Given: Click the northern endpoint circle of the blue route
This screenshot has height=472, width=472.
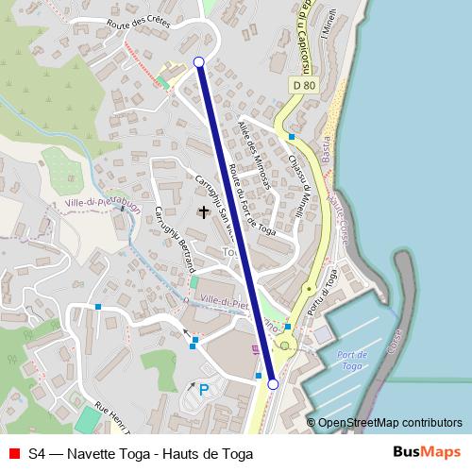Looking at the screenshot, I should click(x=198, y=62).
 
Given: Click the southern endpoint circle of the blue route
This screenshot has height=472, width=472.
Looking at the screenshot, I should click(x=274, y=384).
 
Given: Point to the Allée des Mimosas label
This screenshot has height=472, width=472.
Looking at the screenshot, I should click(x=255, y=150).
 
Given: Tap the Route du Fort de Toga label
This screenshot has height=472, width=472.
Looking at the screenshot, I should click(x=248, y=203).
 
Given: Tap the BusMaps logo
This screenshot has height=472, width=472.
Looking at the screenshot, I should click(x=429, y=453).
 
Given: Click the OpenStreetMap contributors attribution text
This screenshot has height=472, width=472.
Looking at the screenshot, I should click(x=389, y=423).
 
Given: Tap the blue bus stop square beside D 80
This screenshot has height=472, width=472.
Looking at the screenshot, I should click(x=292, y=137).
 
